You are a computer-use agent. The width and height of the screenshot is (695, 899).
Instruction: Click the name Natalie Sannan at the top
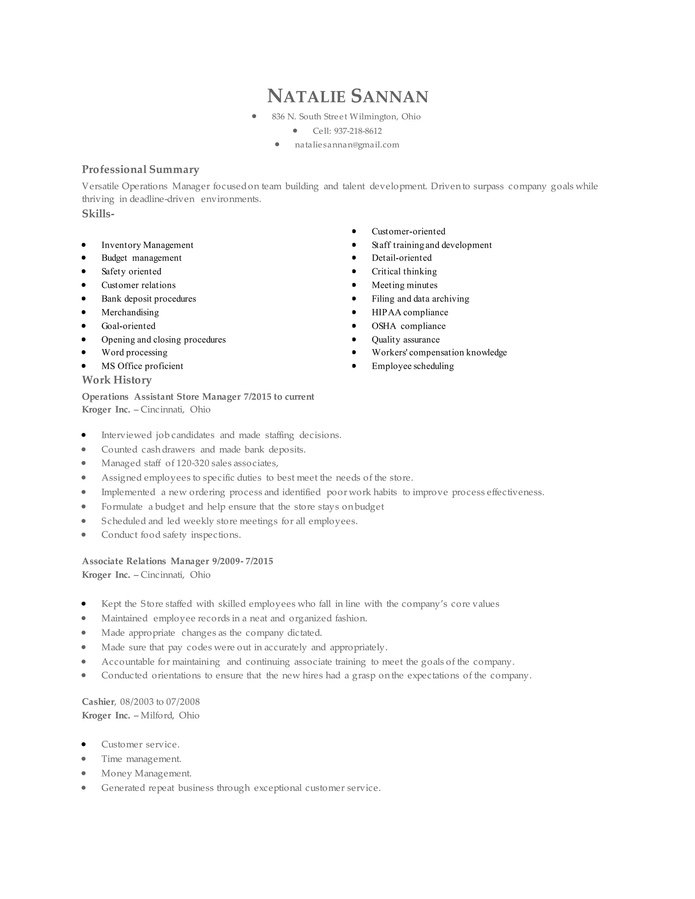[347, 96]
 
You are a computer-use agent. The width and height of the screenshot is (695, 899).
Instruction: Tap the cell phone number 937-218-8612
[357, 131]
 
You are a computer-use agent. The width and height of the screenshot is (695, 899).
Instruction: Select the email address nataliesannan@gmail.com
[347, 145]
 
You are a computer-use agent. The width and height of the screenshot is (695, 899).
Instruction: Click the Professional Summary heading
[140, 170]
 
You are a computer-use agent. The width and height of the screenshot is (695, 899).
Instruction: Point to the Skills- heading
[98, 214]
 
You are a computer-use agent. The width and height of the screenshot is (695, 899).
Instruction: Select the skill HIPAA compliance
[410, 312]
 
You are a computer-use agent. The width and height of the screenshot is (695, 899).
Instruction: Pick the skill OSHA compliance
[409, 326]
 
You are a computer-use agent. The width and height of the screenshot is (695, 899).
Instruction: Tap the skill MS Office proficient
[142, 366]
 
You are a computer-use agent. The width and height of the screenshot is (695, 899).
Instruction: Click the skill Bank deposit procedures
[149, 299]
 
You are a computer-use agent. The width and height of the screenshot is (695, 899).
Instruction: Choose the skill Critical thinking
[404, 272]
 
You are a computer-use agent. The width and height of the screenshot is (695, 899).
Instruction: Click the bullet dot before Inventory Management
[84, 245]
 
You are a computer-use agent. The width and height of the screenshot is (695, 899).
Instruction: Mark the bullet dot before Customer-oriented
[354, 231]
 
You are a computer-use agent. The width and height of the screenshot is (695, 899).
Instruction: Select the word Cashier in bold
[98, 702]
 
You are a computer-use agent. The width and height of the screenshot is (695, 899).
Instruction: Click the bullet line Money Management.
[146, 773]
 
